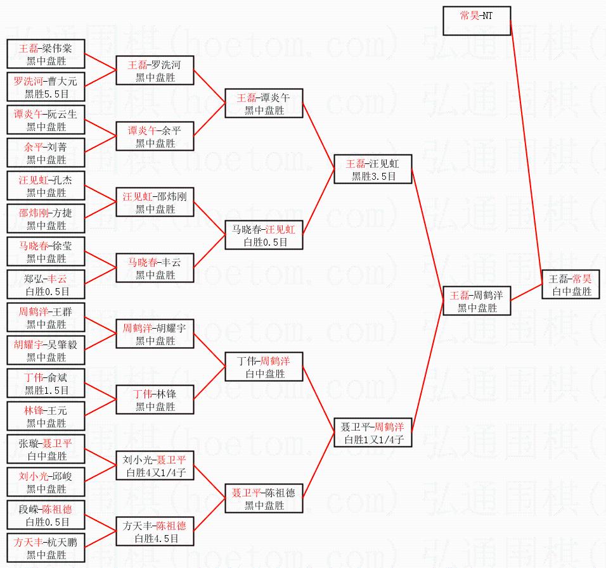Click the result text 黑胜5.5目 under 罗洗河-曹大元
[46, 94]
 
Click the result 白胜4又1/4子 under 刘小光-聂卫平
[156, 472]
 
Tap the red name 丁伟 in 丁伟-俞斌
[34, 377]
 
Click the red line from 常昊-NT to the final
[526, 153]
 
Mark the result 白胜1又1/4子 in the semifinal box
[374, 439]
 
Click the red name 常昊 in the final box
[582, 279]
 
